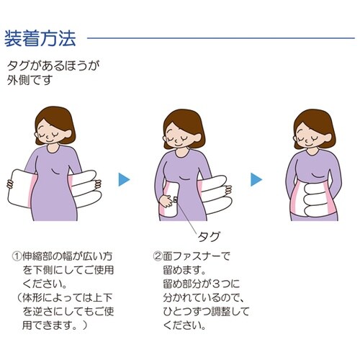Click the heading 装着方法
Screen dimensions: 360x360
(x=44, y=35)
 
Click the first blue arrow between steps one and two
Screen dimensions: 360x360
(x=124, y=179)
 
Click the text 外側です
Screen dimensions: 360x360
(x=32, y=79)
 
